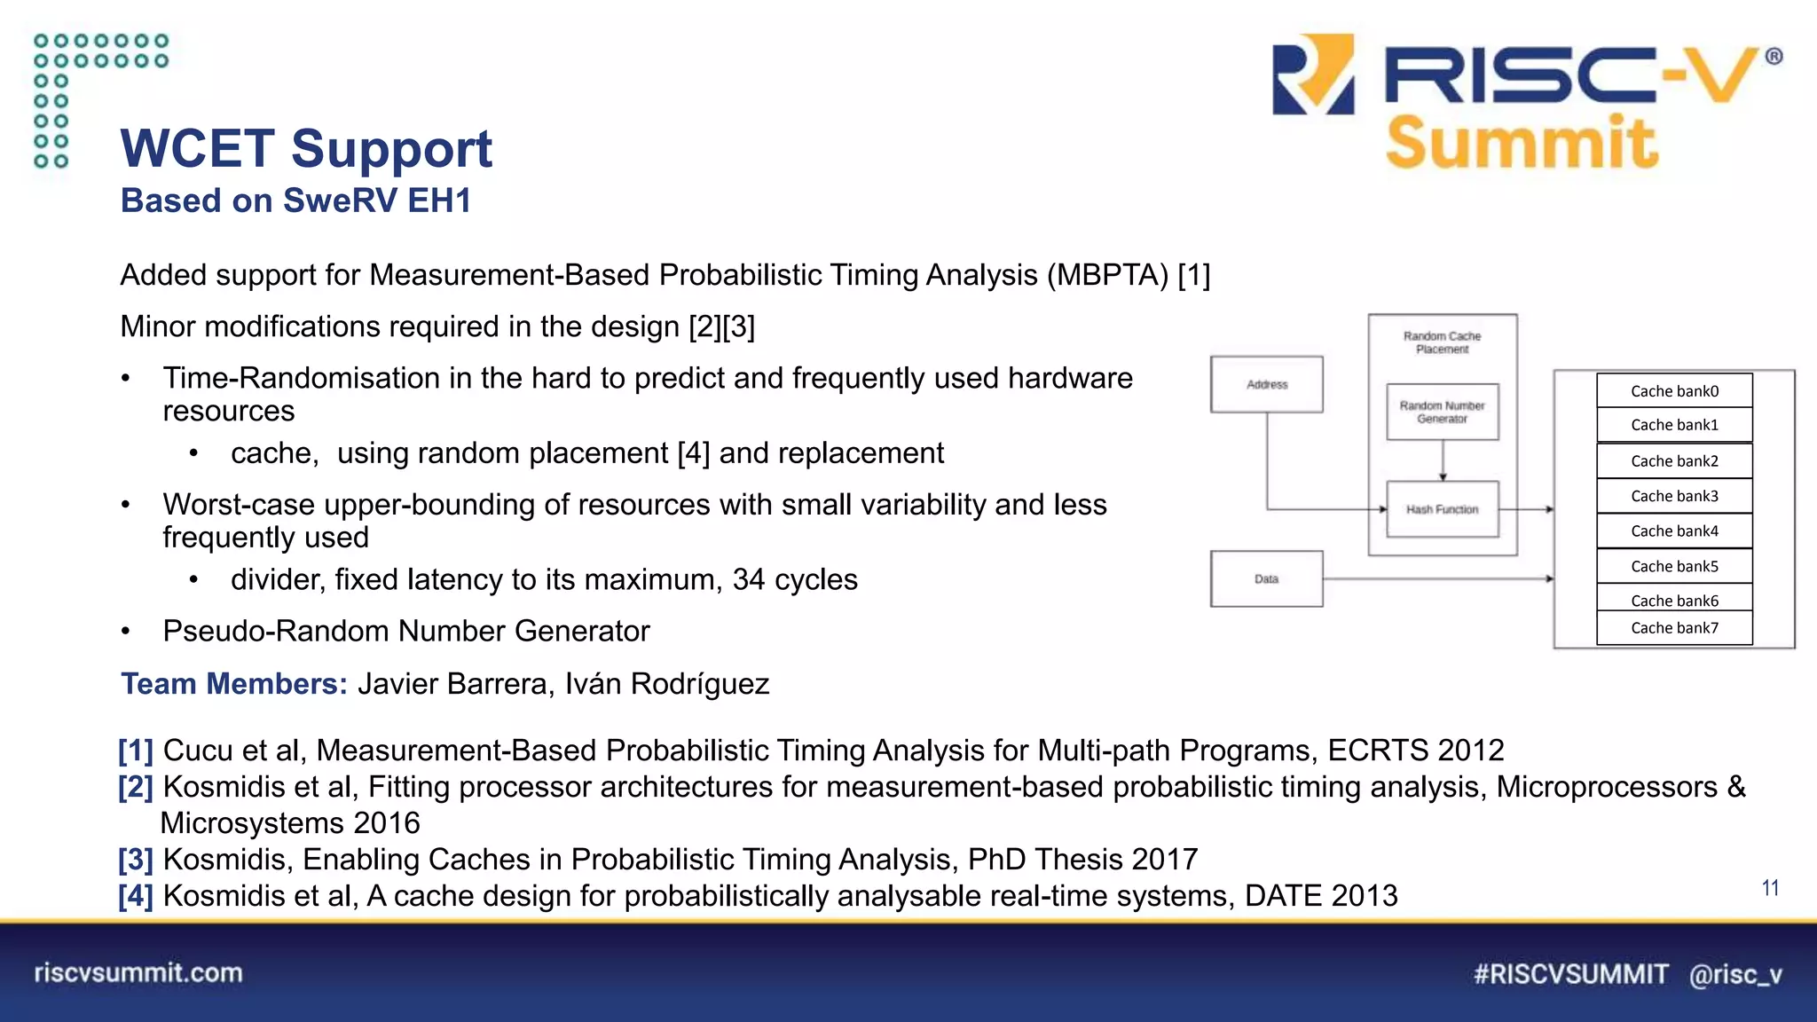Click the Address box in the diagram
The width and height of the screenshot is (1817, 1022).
1266,384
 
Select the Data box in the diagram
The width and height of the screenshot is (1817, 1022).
1266,578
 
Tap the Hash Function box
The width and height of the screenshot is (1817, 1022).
1442,509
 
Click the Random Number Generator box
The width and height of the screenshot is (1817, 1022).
1442,412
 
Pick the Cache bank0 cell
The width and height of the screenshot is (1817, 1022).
1674,390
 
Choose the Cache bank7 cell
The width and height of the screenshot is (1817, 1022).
1674,628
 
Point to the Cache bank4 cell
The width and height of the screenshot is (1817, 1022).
1674,531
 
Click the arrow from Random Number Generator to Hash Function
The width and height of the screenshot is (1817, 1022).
1443,460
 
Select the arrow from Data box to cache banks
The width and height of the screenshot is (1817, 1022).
1437,578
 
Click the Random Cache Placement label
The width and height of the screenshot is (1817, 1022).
1442,342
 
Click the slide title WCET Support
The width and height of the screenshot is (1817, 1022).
306,148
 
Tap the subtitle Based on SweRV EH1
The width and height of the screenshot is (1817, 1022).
295,200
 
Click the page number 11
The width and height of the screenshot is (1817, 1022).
1770,888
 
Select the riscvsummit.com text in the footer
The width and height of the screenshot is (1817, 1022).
138,973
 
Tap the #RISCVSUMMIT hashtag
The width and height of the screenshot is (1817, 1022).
1570,974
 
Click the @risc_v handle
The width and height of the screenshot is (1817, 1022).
1735,975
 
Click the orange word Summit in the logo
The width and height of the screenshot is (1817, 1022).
1521,143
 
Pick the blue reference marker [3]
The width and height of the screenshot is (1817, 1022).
136,860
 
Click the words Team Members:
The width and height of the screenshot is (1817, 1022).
234,684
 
